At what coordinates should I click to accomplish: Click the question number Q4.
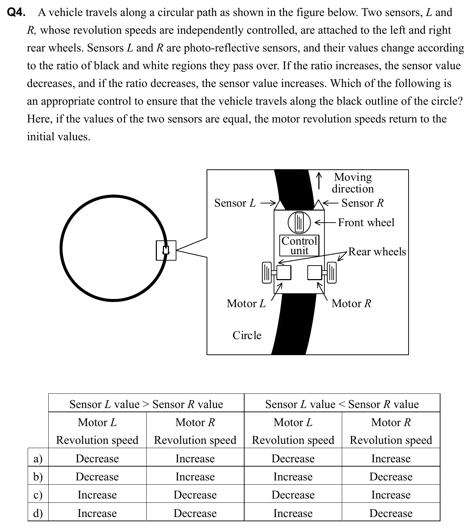pos(16,13)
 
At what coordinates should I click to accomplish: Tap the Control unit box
pos(299,245)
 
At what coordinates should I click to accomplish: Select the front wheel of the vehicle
pos(299,222)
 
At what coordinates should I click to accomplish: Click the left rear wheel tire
pos(267,273)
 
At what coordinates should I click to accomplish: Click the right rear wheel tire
pos(332,273)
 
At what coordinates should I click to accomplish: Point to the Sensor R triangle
pos(319,205)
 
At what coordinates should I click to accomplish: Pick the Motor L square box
pos(284,273)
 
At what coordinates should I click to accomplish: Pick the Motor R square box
pos(314,273)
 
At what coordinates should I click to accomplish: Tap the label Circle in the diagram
pos(247,336)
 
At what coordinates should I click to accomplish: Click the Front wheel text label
pos(366,223)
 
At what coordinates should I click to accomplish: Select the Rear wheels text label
pos(377,252)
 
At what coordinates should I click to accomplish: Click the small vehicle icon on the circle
pos(166,250)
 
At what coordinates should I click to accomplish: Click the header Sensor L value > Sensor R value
pos(146,404)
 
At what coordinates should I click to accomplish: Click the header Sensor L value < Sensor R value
pos(342,404)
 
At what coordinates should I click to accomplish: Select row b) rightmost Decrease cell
pos(391,477)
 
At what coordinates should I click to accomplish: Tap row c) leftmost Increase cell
pos(97,495)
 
